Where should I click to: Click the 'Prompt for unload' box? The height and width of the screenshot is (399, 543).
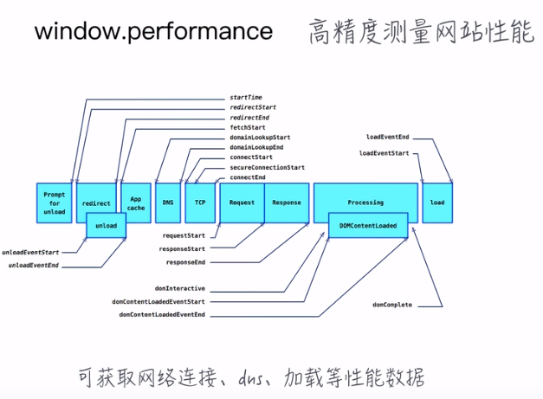coord(54,203)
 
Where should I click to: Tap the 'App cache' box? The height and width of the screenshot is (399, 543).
coord(136,203)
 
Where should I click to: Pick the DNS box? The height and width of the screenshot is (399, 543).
coord(166,203)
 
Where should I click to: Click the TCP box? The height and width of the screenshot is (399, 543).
coord(200,203)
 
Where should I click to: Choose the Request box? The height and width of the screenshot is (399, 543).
coord(242,203)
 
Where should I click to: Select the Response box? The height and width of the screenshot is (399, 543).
coord(287,203)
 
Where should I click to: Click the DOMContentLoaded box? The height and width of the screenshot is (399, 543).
coord(368,226)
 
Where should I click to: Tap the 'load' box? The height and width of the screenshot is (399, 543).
coord(437,203)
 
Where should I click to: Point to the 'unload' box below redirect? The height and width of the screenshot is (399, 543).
coord(107,226)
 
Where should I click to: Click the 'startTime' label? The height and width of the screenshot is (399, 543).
coord(246,98)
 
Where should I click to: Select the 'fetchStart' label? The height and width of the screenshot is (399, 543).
coord(248,127)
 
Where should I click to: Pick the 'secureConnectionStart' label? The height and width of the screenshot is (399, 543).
coord(267,167)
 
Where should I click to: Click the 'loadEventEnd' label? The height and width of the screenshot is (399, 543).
coord(388,137)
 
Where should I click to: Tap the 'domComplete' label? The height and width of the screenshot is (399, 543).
coord(392,305)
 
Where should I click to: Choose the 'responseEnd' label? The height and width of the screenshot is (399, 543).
coord(185,261)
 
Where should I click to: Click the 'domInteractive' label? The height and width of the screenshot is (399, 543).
coord(180,288)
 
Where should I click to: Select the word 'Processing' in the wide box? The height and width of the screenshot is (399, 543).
coord(365,203)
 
